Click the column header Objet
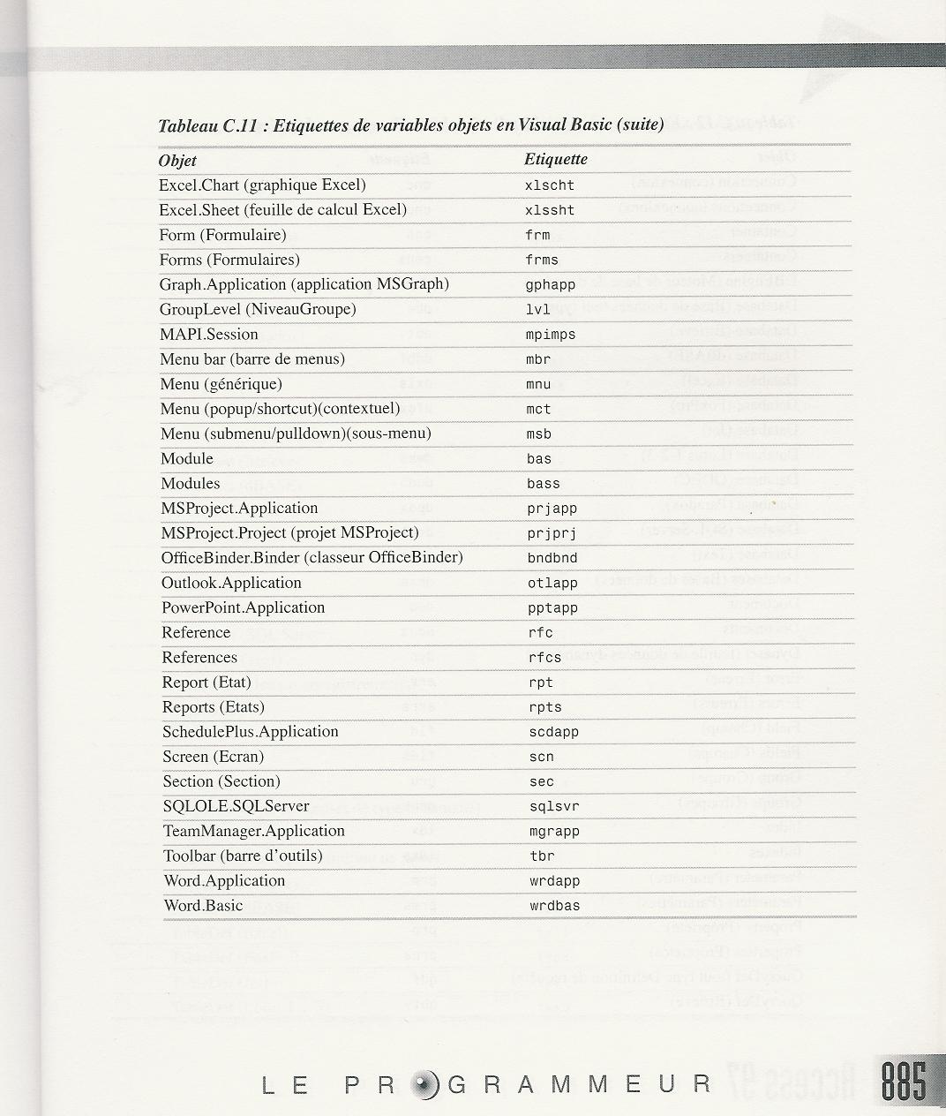point(177,161)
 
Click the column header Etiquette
point(555,159)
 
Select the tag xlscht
point(549,185)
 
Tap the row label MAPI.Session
point(208,335)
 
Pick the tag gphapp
point(550,285)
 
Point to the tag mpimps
point(551,335)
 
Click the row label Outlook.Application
point(231,583)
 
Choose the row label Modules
point(190,484)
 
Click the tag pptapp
point(553,608)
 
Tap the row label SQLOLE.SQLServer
point(236,806)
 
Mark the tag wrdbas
point(555,906)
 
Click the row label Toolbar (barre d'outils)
point(243,856)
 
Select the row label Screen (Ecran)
point(213,757)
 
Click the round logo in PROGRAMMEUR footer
point(424,1084)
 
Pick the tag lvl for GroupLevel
point(538,310)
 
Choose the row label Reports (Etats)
point(213,707)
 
